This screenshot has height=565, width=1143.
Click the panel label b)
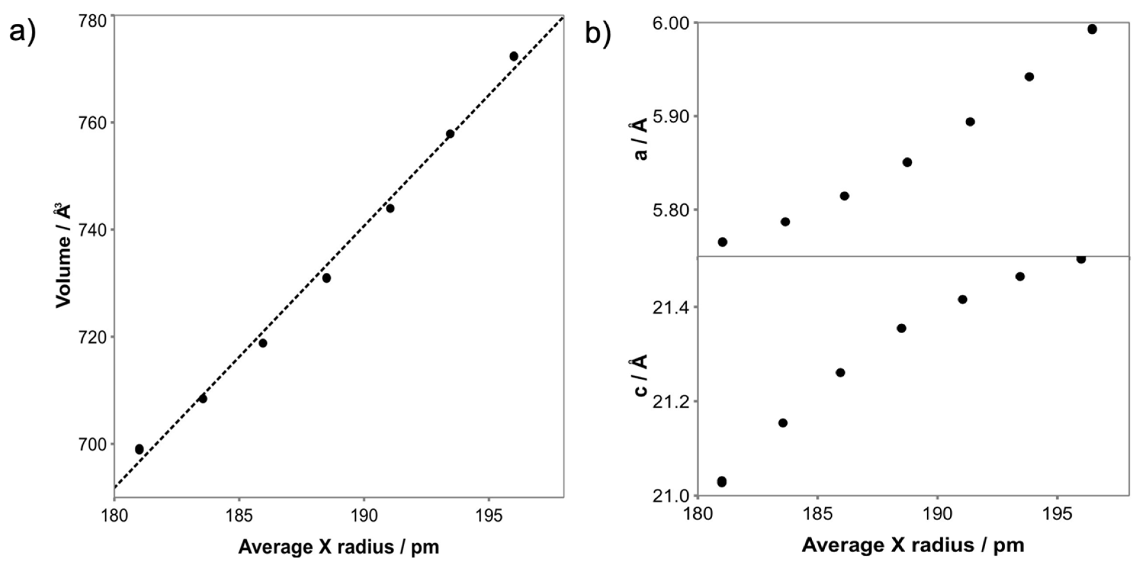pos(598,33)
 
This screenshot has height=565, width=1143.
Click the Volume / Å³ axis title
pos(63,255)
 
